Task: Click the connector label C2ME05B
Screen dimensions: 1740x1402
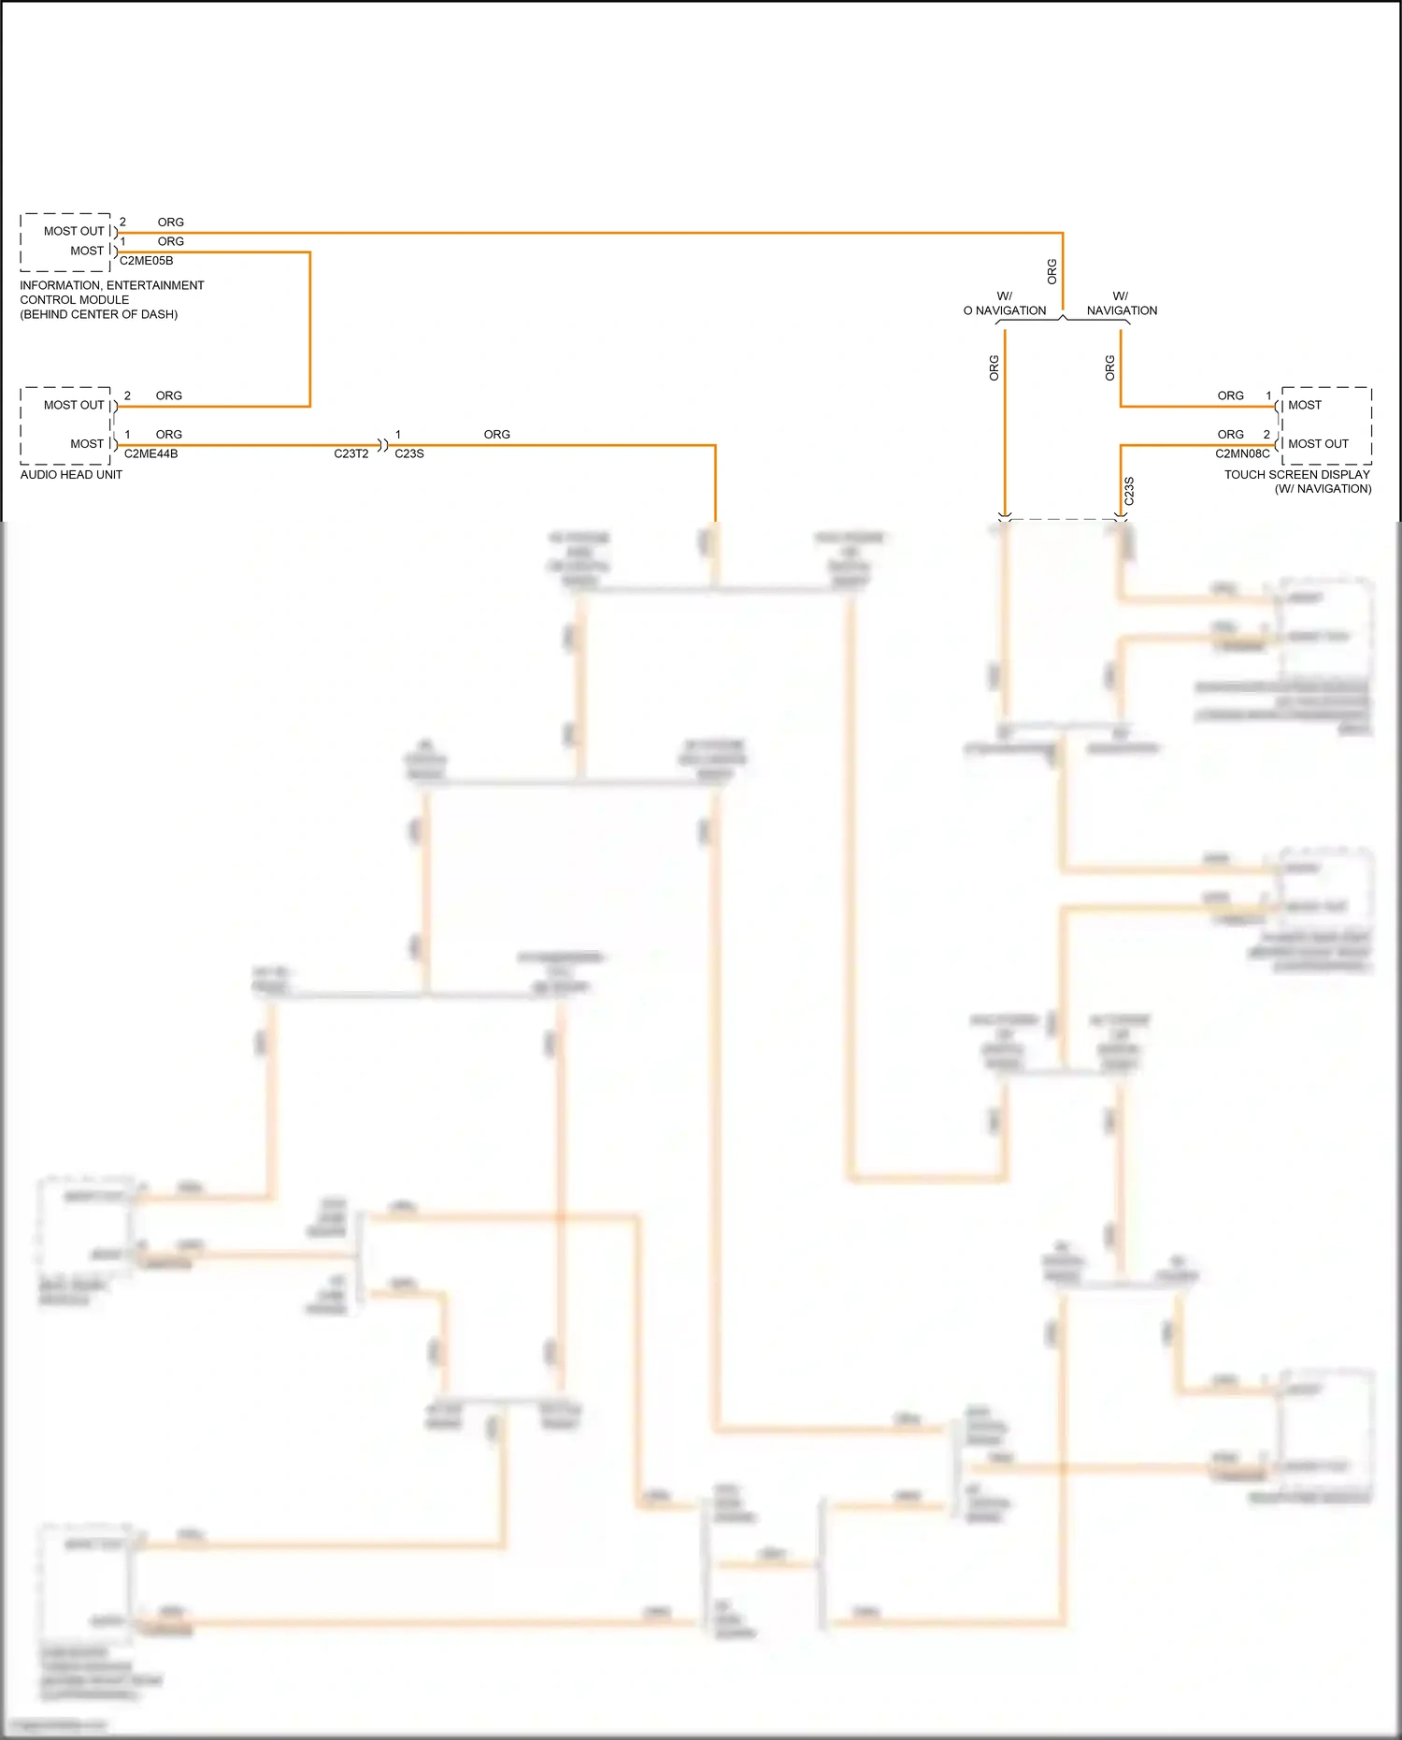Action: point(146,261)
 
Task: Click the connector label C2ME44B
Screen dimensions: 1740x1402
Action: point(150,453)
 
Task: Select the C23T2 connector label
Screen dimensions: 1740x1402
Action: point(350,453)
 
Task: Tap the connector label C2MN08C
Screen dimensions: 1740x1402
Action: point(1242,453)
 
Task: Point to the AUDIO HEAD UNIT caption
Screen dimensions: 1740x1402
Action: point(71,475)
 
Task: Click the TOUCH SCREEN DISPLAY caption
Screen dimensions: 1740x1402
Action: point(1296,475)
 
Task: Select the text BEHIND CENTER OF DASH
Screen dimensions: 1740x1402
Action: point(99,315)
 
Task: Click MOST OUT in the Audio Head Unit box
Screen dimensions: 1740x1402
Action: point(74,405)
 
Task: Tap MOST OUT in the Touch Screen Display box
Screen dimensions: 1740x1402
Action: point(1318,444)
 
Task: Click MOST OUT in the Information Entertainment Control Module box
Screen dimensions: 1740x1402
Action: point(74,231)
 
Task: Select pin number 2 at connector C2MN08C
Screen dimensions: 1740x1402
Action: point(1266,435)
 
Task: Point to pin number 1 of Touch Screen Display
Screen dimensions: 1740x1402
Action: point(1268,395)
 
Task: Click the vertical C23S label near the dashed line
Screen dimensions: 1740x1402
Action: point(1129,491)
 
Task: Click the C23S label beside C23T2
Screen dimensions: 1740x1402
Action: point(409,453)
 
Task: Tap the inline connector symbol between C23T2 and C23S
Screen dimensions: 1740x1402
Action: point(381,445)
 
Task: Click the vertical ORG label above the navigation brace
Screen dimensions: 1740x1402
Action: point(1051,271)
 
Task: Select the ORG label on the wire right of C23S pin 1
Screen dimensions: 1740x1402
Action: point(496,435)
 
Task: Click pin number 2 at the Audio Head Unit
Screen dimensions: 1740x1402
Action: point(127,395)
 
